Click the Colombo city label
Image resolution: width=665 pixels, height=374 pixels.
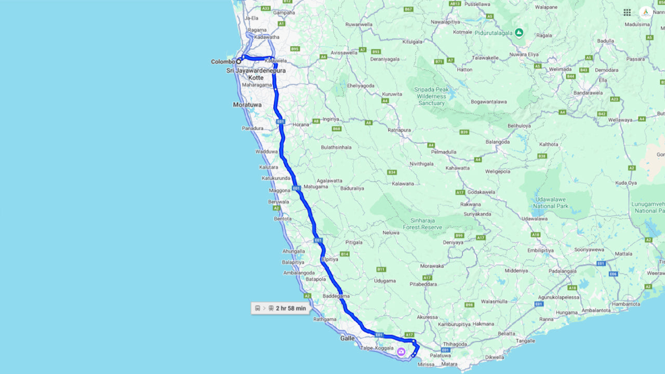(222, 62)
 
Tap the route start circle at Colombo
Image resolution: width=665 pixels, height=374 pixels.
(239, 61)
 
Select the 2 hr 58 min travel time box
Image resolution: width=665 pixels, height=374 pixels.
(281, 308)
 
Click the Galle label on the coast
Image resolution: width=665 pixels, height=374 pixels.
(347, 338)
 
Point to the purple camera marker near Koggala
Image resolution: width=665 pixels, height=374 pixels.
(401, 352)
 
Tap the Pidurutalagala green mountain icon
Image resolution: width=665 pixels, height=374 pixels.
(518, 33)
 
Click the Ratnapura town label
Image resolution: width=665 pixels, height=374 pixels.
(399, 130)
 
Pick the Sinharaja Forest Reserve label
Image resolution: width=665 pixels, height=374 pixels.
(422, 224)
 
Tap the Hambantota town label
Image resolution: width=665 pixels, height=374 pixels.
(626, 304)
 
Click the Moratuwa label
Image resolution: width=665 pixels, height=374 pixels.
(247, 104)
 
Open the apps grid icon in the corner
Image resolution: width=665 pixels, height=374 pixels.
(627, 12)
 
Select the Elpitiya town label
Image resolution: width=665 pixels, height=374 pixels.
(329, 259)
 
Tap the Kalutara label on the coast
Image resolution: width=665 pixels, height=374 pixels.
(269, 167)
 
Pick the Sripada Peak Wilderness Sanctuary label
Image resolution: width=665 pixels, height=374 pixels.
(431, 96)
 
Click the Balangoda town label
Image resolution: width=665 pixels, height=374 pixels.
(498, 141)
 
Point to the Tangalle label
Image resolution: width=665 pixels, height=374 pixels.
(526, 341)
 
